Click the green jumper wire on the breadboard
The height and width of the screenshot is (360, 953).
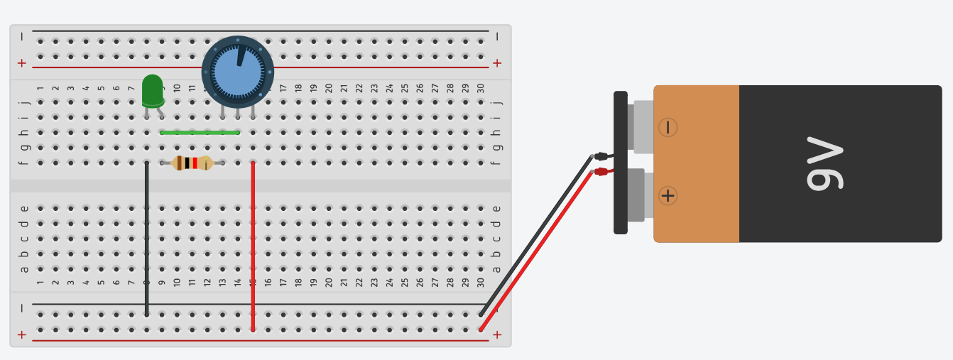[x=200, y=132]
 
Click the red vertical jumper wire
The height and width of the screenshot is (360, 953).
[x=253, y=245]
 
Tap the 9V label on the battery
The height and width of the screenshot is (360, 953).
[x=824, y=164]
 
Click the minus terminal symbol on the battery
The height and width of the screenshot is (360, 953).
[x=668, y=127]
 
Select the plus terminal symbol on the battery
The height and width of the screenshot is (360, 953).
[x=668, y=195]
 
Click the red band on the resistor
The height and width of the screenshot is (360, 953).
[x=195, y=163]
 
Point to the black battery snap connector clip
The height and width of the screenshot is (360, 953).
[x=620, y=162]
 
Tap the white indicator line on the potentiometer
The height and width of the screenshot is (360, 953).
[x=241, y=55]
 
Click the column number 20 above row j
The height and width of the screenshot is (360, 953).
[x=329, y=88]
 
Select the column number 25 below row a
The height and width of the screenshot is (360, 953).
[x=405, y=282]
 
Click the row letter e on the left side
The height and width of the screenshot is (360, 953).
[x=24, y=208]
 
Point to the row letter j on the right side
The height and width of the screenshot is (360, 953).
[x=497, y=102]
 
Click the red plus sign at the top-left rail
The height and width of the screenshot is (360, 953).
[x=21, y=63]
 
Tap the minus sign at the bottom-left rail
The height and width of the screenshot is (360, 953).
[x=21, y=308]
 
